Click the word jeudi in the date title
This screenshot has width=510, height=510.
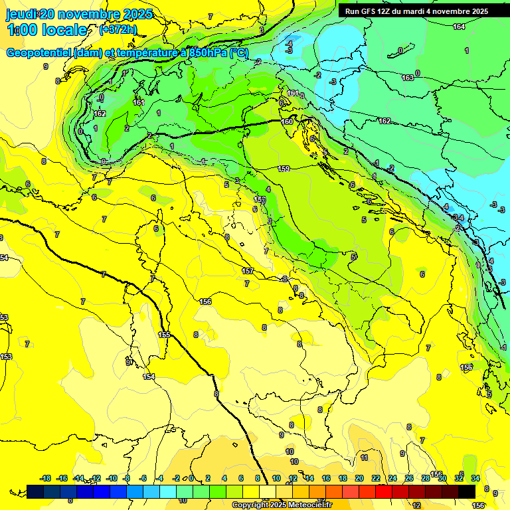tap(22, 14)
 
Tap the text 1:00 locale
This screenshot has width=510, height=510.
tap(47, 30)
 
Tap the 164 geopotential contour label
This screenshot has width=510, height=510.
tap(459, 27)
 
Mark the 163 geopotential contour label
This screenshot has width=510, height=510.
tap(408, 78)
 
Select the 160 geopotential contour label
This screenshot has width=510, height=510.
tap(287, 122)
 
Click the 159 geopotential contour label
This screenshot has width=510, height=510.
tap(284, 169)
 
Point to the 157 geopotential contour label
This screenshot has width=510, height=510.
tap(248, 271)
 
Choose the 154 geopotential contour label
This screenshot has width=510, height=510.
tap(149, 377)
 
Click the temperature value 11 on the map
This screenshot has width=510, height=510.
tap(364, 458)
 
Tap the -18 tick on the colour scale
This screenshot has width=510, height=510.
tap(45, 478)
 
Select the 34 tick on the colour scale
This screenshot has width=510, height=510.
tap(475, 478)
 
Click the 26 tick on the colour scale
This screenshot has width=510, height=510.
tap(409, 478)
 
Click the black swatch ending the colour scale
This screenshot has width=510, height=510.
tap(467, 491)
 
